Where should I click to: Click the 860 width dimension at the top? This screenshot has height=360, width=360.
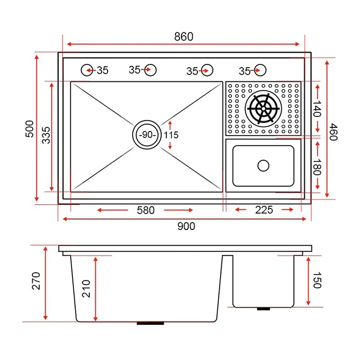click(184, 36)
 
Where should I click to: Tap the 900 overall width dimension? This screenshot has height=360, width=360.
click(186, 226)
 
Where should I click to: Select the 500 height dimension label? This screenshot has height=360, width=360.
click(30, 129)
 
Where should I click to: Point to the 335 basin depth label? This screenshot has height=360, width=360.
click(46, 135)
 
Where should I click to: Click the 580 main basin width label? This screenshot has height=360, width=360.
click(145, 210)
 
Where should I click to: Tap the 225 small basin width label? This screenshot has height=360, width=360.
click(264, 210)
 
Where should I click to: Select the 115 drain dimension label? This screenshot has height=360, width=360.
click(171, 135)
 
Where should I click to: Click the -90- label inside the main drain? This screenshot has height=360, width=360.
click(147, 135)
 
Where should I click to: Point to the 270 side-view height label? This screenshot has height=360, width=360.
click(36, 281)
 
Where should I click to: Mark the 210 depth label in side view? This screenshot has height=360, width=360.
click(86, 288)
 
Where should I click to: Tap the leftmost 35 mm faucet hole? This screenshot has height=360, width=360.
click(86, 70)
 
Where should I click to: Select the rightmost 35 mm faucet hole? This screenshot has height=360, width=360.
click(260, 70)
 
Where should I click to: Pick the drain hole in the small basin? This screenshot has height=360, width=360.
click(263, 165)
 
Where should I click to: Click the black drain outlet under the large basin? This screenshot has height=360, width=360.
click(150, 323)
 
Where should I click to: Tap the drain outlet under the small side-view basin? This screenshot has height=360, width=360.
click(263, 308)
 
